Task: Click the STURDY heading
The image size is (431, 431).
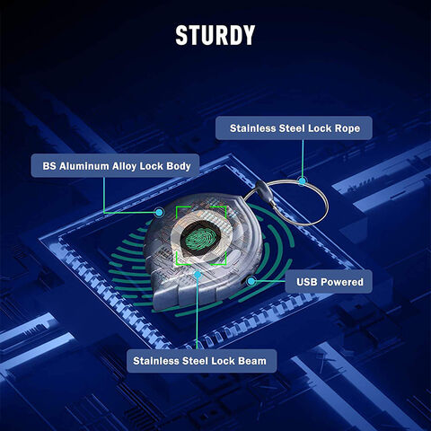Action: [x=215, y=35]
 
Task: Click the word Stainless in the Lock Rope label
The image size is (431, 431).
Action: [x=252, y=128]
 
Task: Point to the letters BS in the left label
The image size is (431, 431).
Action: [x=49, y=166]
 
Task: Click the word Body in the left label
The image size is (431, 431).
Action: [x=179, y=166]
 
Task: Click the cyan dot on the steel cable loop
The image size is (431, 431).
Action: [x=303, y=180]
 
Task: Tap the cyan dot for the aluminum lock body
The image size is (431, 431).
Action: [x=160, y=213]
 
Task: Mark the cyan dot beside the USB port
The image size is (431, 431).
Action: [x=251, y=281]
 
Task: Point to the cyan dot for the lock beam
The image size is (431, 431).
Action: [x=198, y=274]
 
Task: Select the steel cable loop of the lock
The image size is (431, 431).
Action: [x=326, y=204]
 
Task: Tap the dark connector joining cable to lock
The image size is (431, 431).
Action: [x=263, y=189]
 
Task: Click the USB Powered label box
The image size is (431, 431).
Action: [x=329, y=282]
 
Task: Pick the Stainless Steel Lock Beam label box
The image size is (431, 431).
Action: [x=201, y=361]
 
